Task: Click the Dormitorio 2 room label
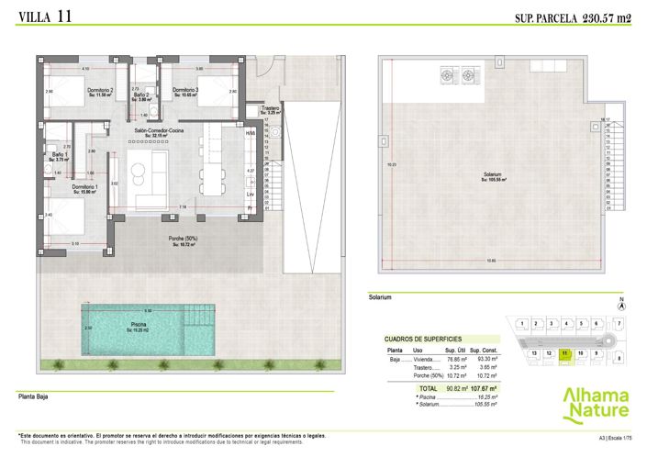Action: [99, 89]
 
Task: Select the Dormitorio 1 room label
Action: [85, 187]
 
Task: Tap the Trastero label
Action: [270, 108]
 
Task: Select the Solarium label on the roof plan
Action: [497, 176]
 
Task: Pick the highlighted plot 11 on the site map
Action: [565, 352]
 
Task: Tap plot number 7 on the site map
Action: [619, 324]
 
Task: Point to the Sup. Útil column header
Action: [453, 350]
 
